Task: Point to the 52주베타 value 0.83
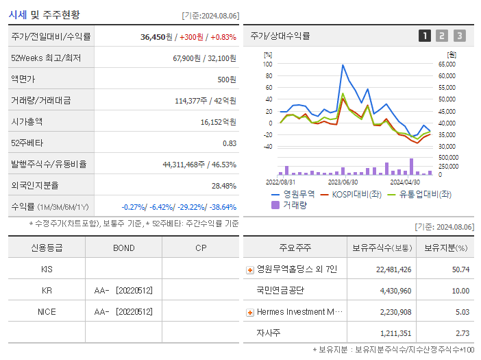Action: [229, 143]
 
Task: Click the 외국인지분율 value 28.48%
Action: [223, 185]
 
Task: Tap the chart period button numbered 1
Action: [425, 36]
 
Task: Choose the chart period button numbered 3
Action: [459, 36]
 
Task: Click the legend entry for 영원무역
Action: [295, 194]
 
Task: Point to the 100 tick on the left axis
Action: [268, 64]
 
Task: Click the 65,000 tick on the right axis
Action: [447, 64]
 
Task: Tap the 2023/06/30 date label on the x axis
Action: [343, 182]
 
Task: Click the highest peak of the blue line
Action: [343, 65]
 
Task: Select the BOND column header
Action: [123, 248]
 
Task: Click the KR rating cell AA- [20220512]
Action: [123, 291]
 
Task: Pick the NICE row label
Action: [47, 311]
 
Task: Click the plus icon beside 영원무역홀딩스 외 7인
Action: [250, 269]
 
